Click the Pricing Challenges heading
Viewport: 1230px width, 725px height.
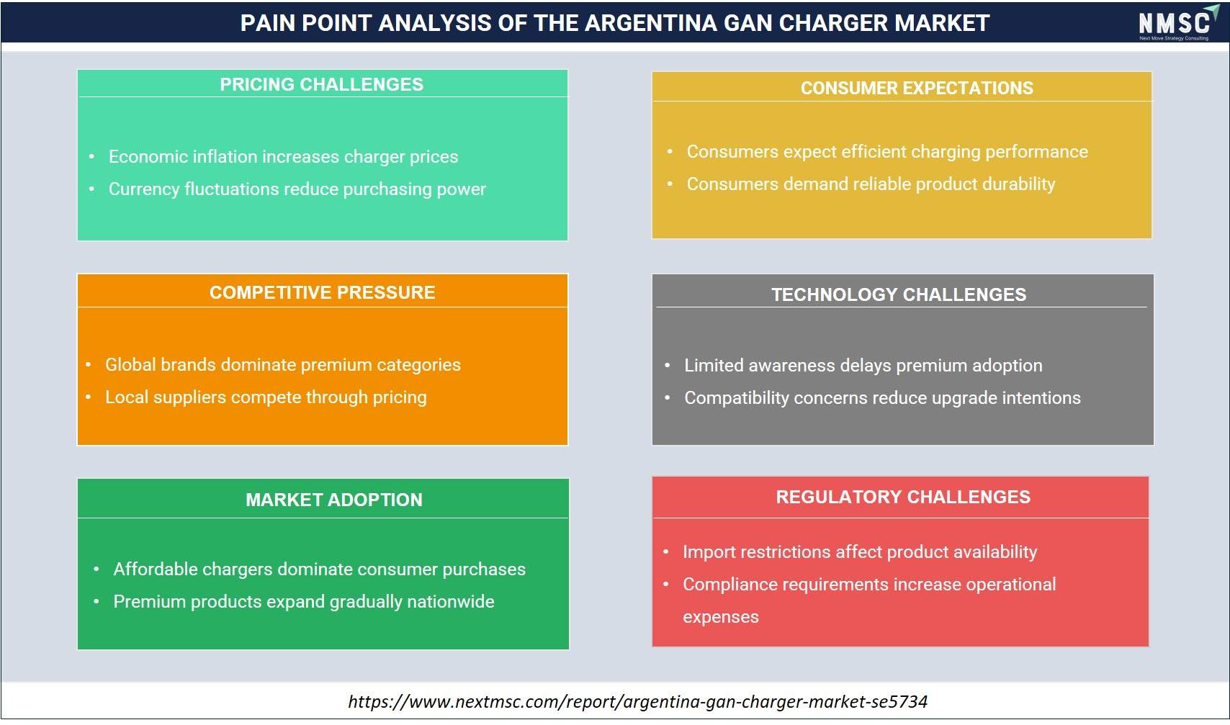322,84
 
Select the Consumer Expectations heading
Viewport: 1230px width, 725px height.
917,88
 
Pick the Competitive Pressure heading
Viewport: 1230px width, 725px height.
323,292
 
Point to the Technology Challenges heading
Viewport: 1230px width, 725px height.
899,294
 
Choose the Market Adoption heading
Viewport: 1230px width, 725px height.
334,500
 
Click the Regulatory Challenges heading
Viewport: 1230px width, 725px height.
903,497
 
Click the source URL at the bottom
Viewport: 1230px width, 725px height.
637,701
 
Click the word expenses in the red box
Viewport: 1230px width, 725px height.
720,618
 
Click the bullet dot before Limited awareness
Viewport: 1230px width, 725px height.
667,366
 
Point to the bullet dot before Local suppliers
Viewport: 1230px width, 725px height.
88,397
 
